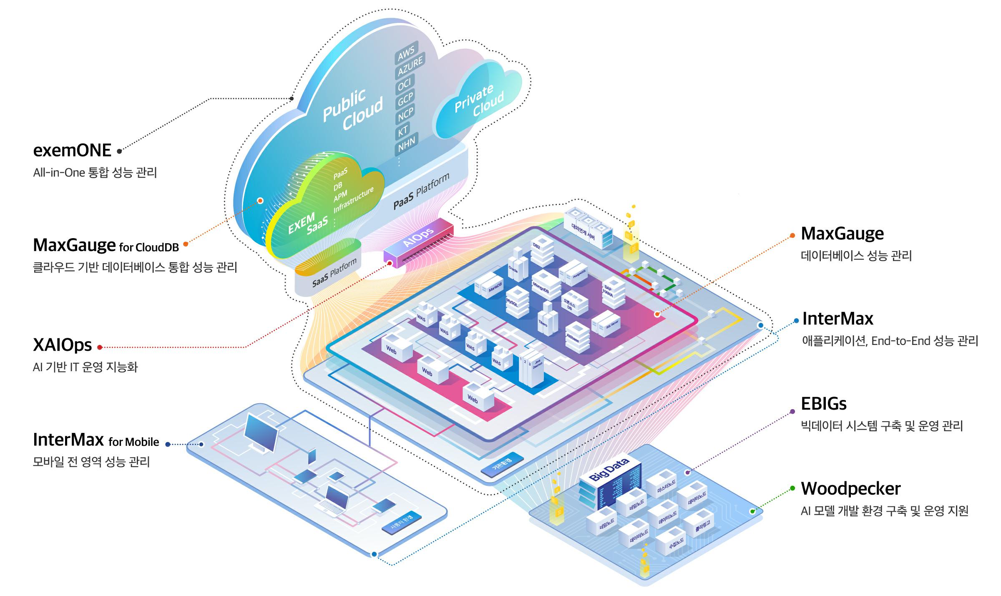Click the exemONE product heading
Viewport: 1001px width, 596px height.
coord(72,151)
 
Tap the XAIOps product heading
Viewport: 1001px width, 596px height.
coord(62,345)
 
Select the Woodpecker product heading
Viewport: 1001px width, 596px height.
coord(850,489)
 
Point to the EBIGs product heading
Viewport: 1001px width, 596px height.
coord(824,404)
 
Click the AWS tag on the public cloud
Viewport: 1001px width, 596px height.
coord(406,53)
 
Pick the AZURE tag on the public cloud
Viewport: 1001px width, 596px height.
coord(410,66)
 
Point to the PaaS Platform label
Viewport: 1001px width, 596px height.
coord(422,191)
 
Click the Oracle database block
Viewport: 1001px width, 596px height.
coord(516,267)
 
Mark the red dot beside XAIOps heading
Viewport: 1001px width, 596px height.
coord(100,347)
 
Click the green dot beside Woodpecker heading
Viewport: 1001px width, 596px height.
coord(792,488)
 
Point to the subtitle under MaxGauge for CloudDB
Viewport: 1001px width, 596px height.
coord(135,267)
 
